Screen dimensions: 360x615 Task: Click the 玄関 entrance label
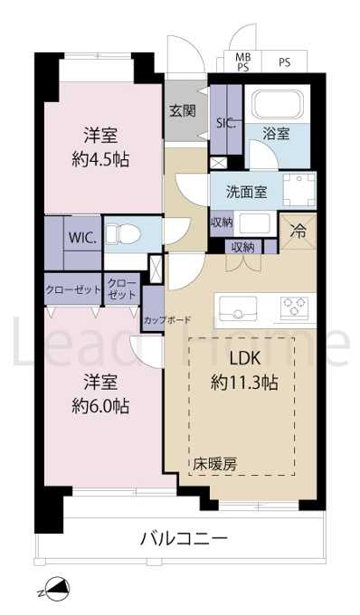pyautogui.click(x=183, y=111)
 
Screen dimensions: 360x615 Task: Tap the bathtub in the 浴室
pyautogui.click(x=278, y=104)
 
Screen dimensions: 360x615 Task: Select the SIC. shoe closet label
pyautogui.click(x=226, y=124)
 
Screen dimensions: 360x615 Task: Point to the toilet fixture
pyautogui.click(x=123, y=233)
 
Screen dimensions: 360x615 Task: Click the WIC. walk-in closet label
pyautogui.click(x=82, y=238)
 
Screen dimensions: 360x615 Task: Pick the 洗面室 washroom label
pyautogui.click(x=246, y=192)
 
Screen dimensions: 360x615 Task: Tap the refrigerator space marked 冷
pyautogui.click(x=298, y=232)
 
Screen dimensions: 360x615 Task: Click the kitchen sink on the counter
pyautogui.click(x=238, y=308)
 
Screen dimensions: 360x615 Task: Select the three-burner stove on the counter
pyautogui.click(x=294, y=307)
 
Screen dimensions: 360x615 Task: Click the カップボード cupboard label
pyautogui.click(x=167, y=319)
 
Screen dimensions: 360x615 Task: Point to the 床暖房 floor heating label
pyautogui.click(x=215, y=465)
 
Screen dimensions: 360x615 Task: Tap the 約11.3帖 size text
pyautogui.click(x=245, y=383)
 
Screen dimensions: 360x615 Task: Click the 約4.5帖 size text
pyautogui.click(x=100, y=160)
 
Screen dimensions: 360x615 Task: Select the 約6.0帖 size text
pyautogui.click(x=100, y=406)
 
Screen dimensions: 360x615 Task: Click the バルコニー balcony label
pyautogui.click(x=184, y=538)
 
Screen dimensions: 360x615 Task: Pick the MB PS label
pyautogui.click(x=242, y=62)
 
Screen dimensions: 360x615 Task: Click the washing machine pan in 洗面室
pyautogui.click(x=299, y=190)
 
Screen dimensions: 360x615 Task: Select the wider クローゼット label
pyautogui.click(x=73, y=290)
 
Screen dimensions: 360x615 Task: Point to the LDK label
pyautogui.click(x=245, y=358)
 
